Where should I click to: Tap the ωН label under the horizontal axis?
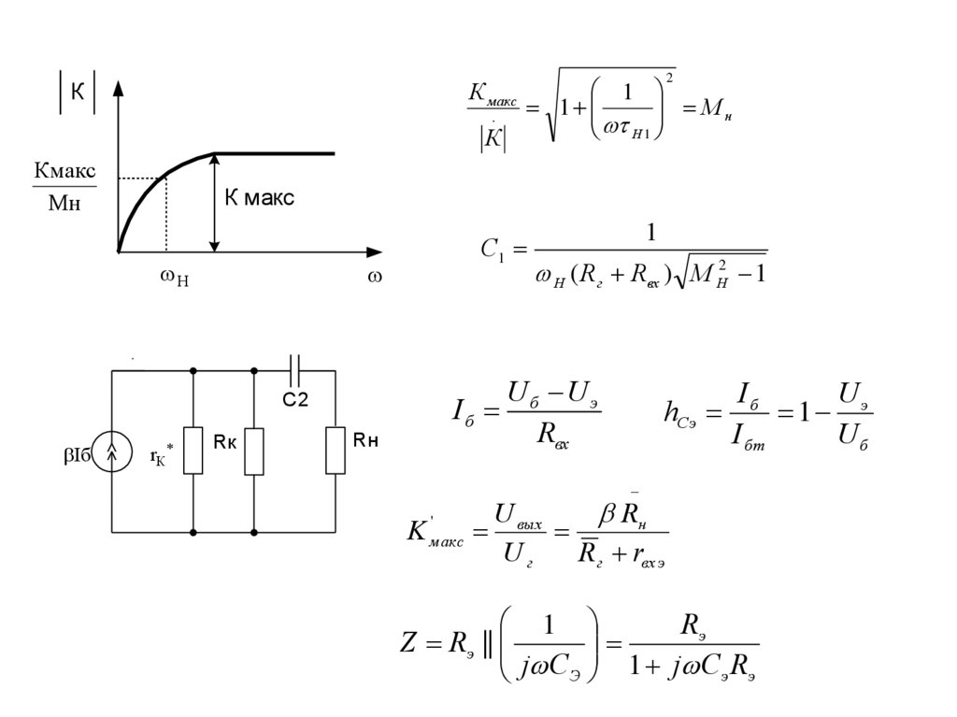[x=174, y=279]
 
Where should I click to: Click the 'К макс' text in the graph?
[x=259, y=198]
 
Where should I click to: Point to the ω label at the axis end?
[x=375, y=278]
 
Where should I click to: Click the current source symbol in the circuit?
[x=112, y=452]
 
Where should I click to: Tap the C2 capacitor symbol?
[x=295, y=370]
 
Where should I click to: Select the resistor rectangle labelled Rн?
[x=334, y=451]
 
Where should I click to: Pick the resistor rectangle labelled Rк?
[x=254, y=451]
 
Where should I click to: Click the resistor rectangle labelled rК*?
[x=193, y=451]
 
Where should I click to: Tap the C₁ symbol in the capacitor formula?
[x=492, y=251]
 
